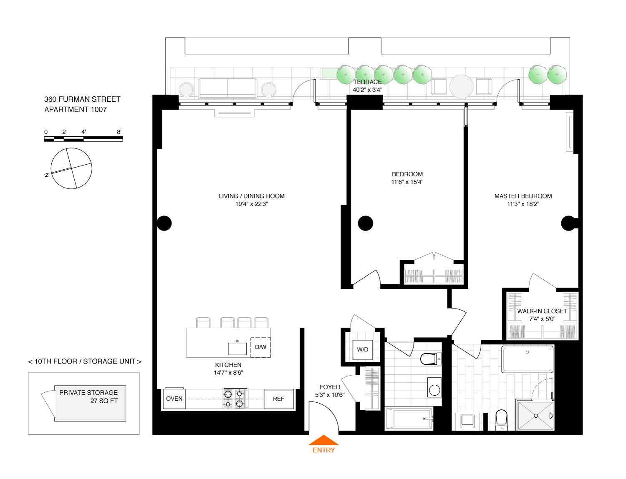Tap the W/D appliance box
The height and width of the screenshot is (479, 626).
coord(362,349)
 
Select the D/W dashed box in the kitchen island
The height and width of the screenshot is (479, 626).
coord(260,347)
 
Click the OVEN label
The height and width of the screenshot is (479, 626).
coord(174,399)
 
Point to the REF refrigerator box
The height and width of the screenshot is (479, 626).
coord(279,399)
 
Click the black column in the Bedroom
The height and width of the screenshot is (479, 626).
coord(365,223)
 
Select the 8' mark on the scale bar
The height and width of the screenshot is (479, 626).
coord(119,132)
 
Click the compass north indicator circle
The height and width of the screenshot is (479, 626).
coord(71,168)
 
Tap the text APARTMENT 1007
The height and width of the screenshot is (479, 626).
coord(76,110)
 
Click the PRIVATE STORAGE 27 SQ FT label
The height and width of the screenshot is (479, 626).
coord(89,397)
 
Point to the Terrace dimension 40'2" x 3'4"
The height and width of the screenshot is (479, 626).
coord(367,90)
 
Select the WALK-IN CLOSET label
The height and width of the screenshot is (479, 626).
coord(542,311)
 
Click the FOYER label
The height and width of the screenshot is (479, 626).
coord(330,387)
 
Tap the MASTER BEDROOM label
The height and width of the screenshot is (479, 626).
coord(523,196)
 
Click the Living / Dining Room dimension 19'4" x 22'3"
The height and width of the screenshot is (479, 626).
coord(252,204)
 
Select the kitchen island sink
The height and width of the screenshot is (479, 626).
coord(237,349)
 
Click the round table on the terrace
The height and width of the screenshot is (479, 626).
coord(461,86)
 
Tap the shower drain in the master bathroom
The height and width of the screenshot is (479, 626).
coord(535,416)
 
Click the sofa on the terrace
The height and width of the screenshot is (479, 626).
coord(227,88)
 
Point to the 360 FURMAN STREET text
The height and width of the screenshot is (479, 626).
coord(82,99)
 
